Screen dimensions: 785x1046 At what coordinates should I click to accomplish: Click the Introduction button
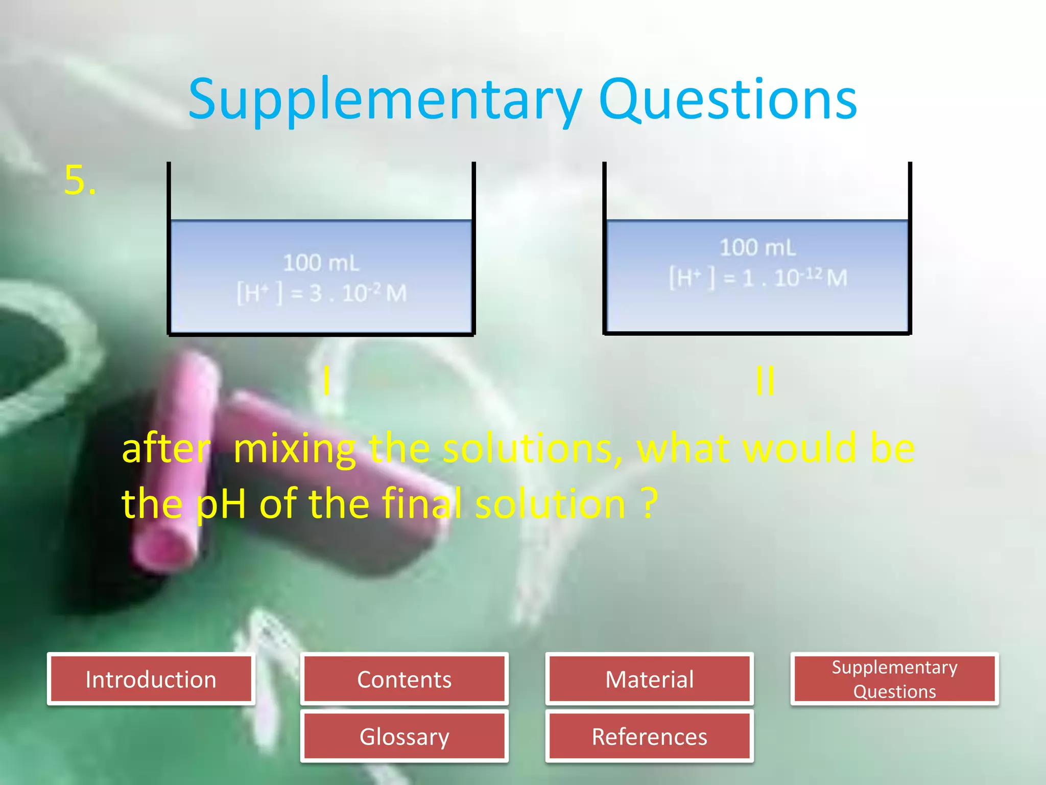click(151, 679)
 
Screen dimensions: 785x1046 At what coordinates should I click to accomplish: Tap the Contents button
click(404, 679)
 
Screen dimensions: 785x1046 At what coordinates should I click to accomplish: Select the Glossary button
click(404, 736)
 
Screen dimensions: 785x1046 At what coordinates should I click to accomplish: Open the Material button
click(649, 679)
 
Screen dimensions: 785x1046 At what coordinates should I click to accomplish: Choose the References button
click(649, 736)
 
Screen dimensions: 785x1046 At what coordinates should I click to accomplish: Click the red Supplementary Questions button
click(894, 679)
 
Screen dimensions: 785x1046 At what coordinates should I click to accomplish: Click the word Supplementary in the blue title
click(385, 100)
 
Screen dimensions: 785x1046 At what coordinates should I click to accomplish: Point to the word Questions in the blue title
click(727, 100)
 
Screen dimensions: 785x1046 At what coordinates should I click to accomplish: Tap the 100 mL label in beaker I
click(321, 263)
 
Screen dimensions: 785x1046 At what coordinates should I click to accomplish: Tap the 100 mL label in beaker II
click(757, 247)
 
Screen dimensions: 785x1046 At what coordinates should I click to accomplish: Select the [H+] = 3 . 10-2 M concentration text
click(321, 293)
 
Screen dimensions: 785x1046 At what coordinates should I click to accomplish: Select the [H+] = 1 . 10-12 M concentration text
click(758, 278)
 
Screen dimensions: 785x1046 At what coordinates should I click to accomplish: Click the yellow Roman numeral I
click(326, 381)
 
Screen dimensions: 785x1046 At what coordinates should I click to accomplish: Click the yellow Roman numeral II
click(765, 381)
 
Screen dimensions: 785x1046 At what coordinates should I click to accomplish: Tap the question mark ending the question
click(649, 503)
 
